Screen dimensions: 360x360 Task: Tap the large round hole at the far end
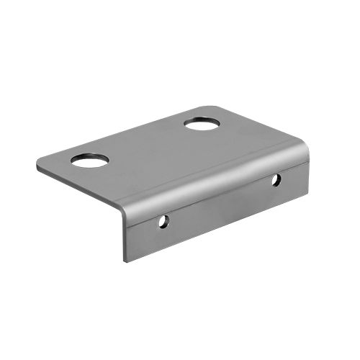[204, 122]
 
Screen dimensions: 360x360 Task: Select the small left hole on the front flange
[165, 221]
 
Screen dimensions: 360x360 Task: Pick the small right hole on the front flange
[276, 180]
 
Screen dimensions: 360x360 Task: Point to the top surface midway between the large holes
[148, 140]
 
